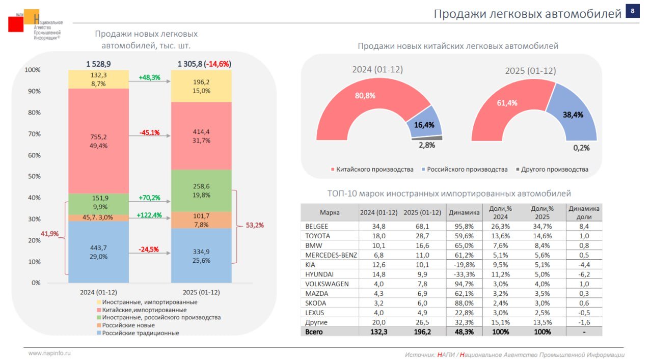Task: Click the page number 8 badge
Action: pos(632,11)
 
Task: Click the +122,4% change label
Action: pos(149,215)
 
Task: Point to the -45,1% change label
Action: pos(149,133)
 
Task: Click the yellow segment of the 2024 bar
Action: pos(99,79)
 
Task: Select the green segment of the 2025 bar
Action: pos(201,190)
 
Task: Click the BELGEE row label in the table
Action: pos(317,226)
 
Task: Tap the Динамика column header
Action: pos(464,212)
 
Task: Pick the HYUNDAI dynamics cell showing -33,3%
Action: pos(464,274)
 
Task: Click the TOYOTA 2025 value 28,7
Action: pos(422,236)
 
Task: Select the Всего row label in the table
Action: pos(314,332)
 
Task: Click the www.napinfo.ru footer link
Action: pos(49,353)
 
